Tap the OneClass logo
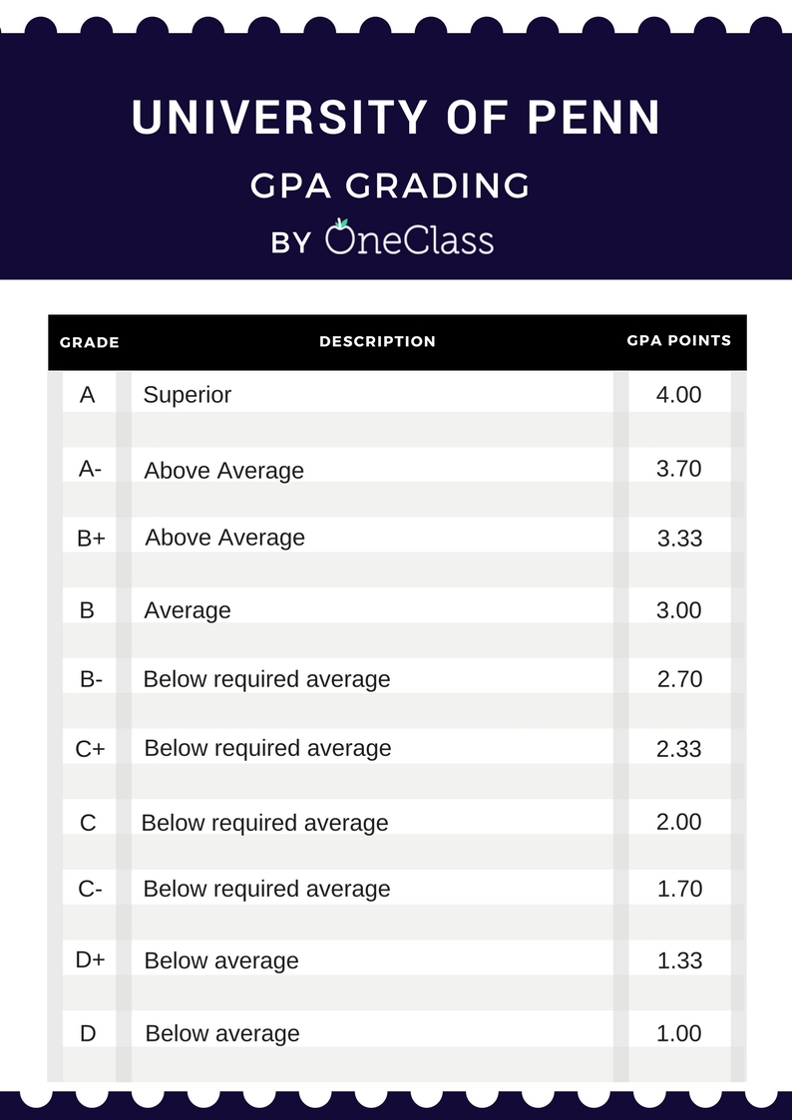pos(409,239)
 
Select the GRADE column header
pos(90,342)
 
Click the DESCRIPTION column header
pos(377,341)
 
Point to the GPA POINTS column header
pos(678,340)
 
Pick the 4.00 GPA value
pos(678,395)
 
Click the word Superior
pos(187,395)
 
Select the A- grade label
pos(90,469)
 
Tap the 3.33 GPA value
pos(679,539)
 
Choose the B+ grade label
pos(91,539)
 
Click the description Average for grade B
pos(187,610)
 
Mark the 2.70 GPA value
pos(679,679)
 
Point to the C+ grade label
pos(90,749)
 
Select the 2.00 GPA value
pos(679,822)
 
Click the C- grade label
pos(90,889)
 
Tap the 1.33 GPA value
pos(679,960)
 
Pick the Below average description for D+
pos(221,961)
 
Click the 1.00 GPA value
pos(679,1033)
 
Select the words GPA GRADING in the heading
pos(390,186)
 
